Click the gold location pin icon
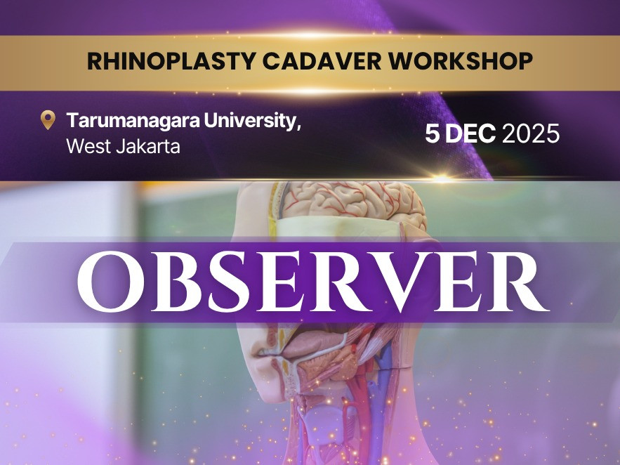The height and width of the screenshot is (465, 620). click(48, 120)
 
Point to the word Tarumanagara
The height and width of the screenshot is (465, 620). click(133, 120)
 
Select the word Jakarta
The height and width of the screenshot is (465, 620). click(148, 146)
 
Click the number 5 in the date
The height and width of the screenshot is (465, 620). click(433, 133)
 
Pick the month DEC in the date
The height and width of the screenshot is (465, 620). click(470, 133)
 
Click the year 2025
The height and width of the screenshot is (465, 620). click(531, 133)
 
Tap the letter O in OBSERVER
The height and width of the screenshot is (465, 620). click(111, 281)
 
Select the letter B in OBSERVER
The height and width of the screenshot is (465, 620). click(176, 281)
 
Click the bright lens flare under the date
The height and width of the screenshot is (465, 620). click(442, 178)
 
